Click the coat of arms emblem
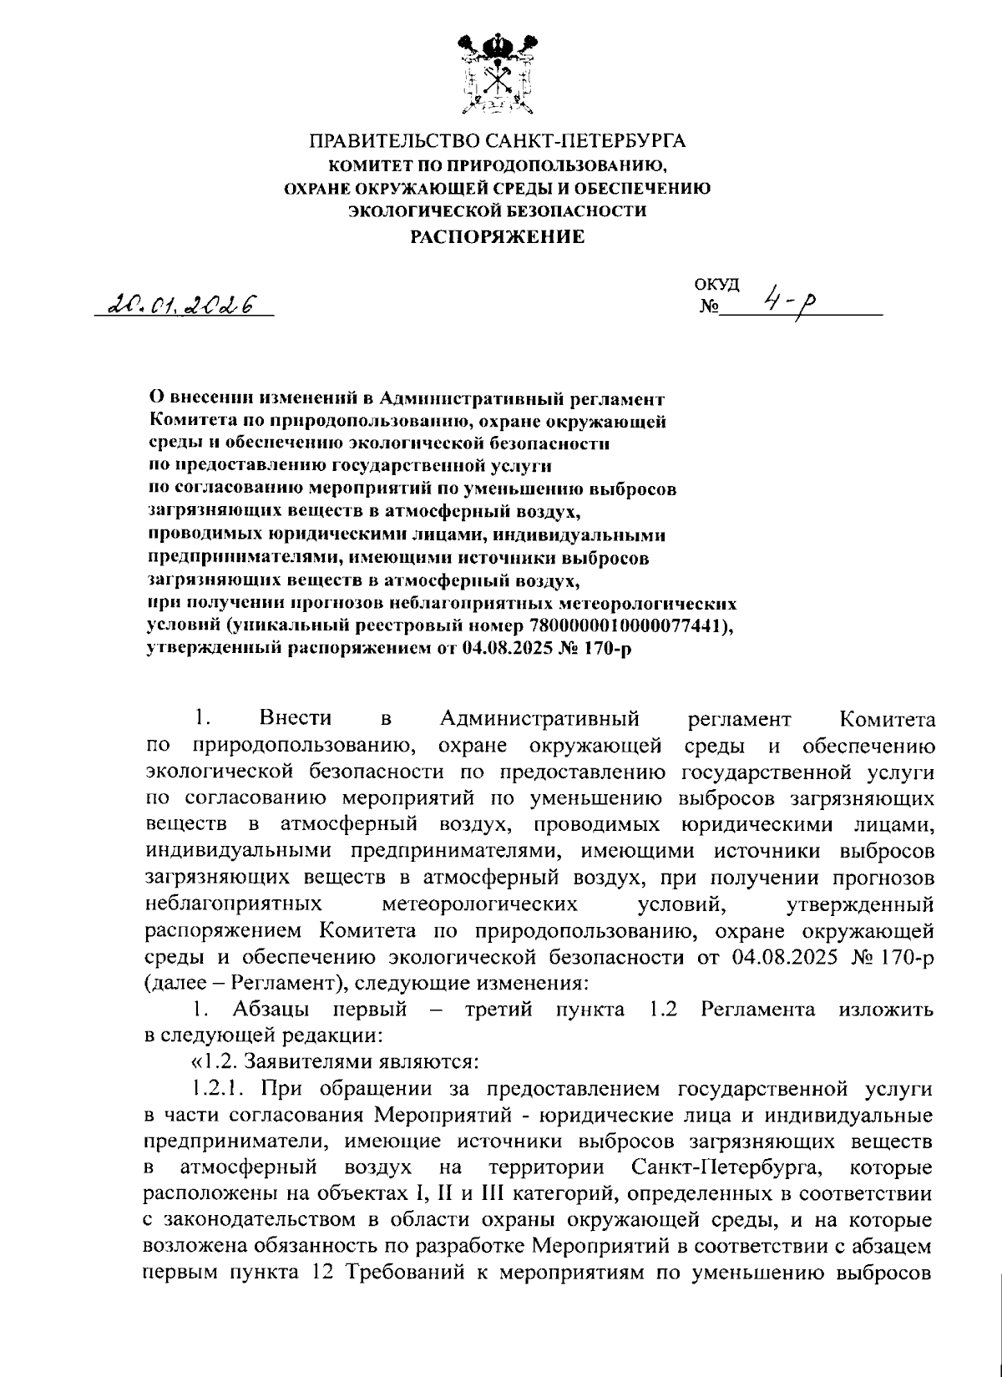coord(498,73)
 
